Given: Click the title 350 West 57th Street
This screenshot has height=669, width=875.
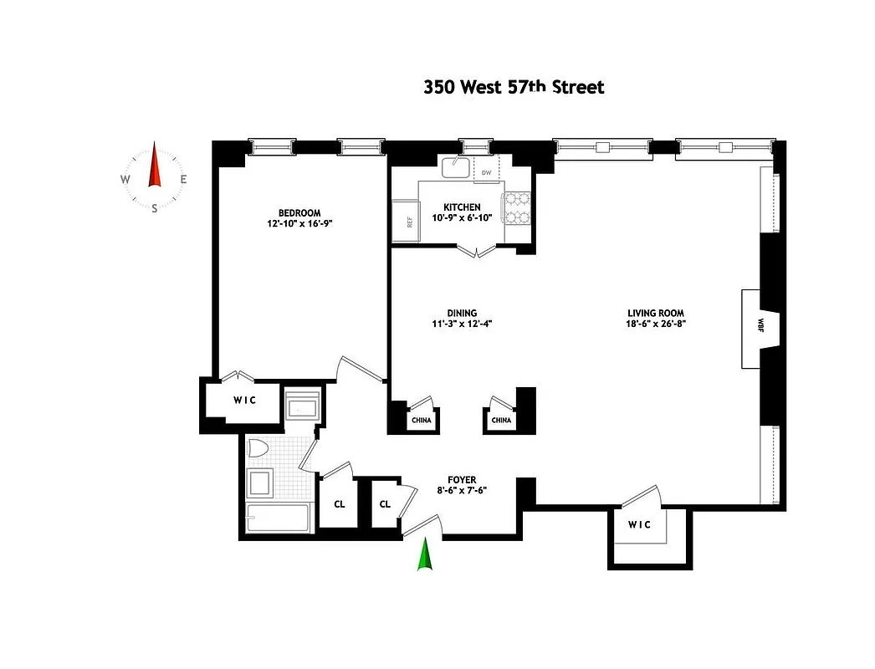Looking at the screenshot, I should point(513,87).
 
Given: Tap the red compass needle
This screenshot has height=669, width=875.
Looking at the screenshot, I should point(154,166).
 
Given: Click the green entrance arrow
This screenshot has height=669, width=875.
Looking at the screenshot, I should point(426,554).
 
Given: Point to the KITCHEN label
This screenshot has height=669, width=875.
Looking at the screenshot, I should point(462,207).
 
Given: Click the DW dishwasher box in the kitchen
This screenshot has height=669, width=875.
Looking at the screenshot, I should point(486,173).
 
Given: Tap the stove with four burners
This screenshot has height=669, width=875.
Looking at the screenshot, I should point(516,208).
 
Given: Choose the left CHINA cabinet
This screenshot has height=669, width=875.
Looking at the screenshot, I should point(422,420).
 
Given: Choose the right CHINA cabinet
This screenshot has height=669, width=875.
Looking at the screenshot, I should point(500,420).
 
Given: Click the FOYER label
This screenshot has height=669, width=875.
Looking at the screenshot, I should point(462,480).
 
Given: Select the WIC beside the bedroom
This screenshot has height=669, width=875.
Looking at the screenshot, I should point(243,401).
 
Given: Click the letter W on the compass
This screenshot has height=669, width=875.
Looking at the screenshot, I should point(125,179).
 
